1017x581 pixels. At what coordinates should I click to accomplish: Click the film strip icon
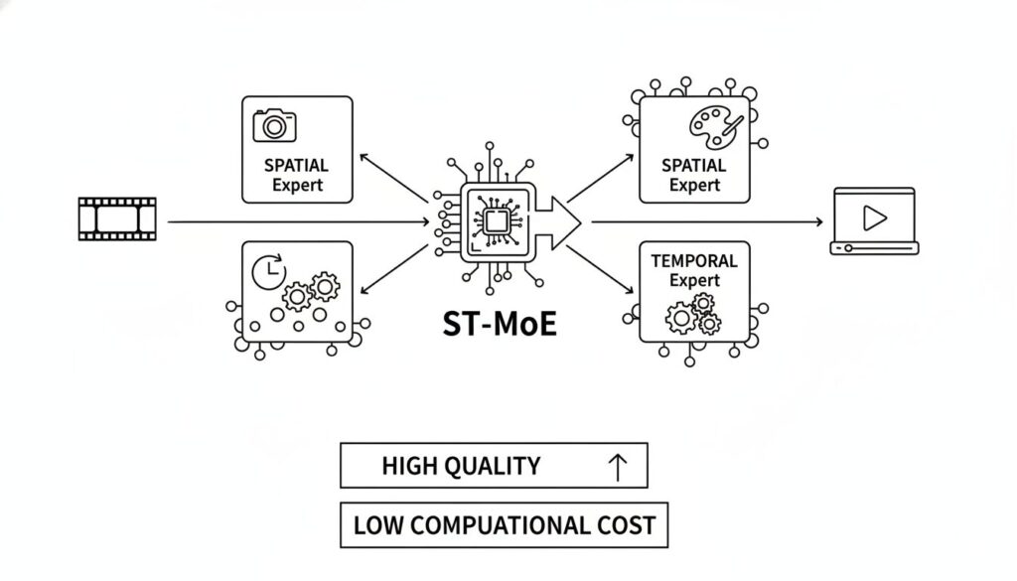click(116, 218)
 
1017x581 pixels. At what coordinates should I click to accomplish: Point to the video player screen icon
click(874, 219)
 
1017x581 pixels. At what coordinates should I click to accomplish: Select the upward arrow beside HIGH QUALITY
click(617, 466)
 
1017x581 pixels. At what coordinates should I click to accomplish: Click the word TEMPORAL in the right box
click(694, 261)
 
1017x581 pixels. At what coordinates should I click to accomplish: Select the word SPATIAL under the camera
click(296, 166)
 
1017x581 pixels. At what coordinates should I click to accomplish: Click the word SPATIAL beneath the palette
click(694, 165)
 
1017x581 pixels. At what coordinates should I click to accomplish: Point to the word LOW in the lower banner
click(374, 524)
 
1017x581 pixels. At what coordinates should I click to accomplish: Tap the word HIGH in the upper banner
click(409, 465)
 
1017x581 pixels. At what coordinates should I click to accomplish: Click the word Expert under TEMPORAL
click(694, 281)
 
